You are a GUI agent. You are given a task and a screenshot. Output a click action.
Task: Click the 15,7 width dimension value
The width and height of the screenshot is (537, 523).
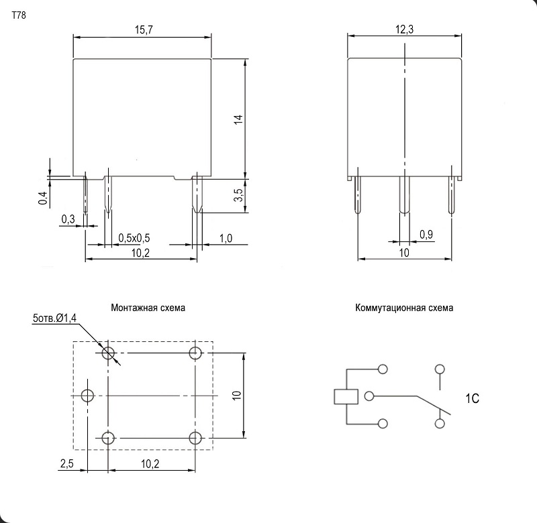tap(144, 30)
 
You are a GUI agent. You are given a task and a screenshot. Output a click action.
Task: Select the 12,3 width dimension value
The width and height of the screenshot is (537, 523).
tap(405, 30)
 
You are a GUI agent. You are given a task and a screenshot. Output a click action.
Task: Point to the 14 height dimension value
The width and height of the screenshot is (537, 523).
tap(238, 119)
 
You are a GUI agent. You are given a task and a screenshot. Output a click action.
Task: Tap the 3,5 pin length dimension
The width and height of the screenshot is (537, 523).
tap(238, 195)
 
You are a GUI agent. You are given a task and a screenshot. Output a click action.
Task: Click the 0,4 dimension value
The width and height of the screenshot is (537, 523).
tap(42, 198)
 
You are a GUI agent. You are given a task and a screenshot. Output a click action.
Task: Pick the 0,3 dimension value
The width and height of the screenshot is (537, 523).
tap(68, 219)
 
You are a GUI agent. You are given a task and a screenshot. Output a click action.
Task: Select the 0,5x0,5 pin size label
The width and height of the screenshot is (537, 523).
tap(134, 238)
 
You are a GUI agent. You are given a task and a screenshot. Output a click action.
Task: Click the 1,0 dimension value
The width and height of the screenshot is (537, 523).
tap(226, 238)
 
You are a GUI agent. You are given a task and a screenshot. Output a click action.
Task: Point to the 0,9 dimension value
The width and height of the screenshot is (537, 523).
tap(426, 234)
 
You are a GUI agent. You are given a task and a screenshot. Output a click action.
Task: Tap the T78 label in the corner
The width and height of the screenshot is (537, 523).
tap(19, 15)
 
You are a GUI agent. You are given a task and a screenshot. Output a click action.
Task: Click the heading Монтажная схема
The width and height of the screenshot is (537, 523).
tap(148, 308)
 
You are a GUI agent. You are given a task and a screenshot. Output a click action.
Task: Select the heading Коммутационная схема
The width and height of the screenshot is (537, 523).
tap(404, 308)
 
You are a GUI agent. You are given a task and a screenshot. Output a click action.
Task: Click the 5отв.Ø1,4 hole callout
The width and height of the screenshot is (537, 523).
tap(55, 318)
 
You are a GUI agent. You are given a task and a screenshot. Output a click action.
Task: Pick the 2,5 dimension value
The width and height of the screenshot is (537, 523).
tap(66, 463)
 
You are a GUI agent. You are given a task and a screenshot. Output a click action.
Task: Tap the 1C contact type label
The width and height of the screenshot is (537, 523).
tap(473, 398)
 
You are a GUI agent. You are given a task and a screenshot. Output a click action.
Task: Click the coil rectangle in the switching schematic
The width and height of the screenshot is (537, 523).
tap(346, 397)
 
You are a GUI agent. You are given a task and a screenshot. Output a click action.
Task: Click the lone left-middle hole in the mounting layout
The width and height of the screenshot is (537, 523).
tap(87, 396)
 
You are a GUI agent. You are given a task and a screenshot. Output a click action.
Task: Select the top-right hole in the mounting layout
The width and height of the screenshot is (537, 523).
tap(195, 353)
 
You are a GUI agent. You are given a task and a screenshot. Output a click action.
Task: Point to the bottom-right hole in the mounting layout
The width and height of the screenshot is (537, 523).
tap(195, 438)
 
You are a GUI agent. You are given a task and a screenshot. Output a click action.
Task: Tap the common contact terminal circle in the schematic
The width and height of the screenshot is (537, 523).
tap(369, 396)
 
